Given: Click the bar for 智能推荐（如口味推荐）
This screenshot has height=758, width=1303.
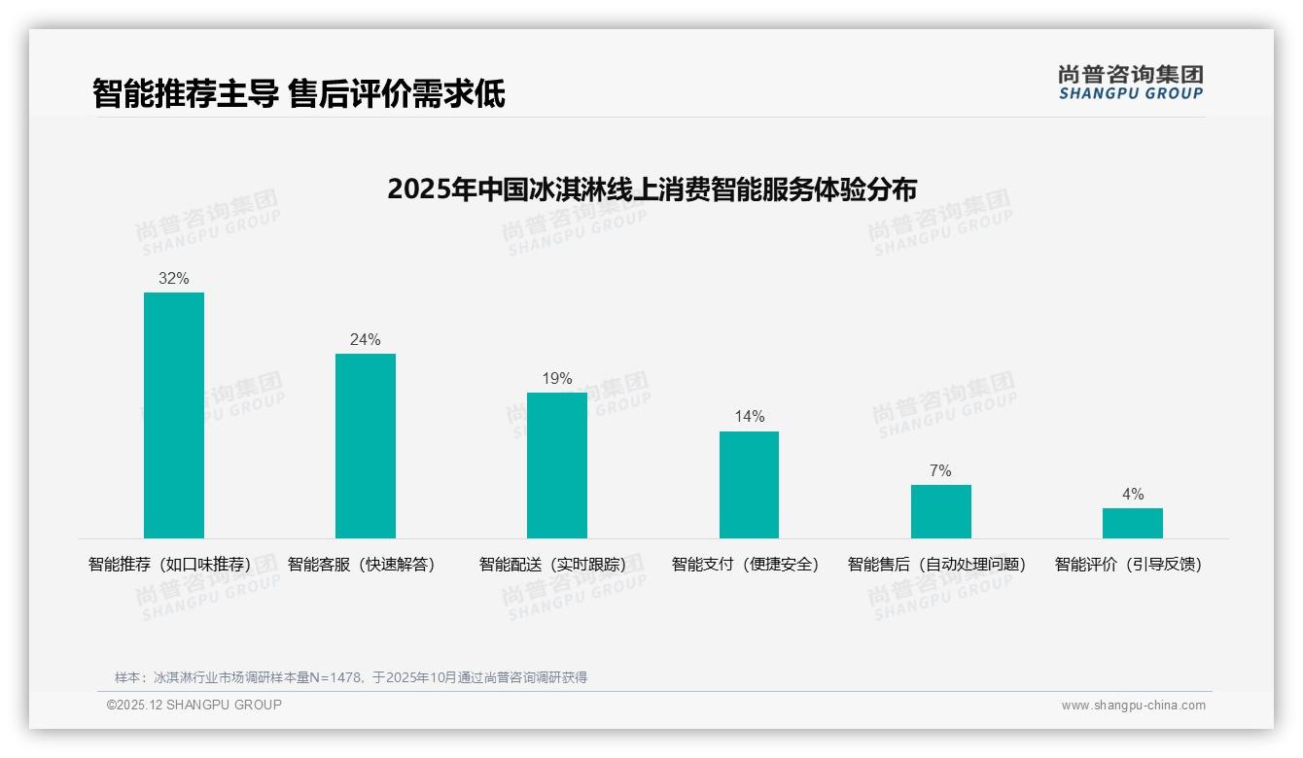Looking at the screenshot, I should tap(174, 415).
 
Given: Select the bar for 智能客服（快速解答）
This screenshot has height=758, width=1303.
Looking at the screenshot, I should tap(366, 446).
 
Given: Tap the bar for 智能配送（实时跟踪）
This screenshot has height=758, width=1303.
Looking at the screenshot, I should tap(557, 465).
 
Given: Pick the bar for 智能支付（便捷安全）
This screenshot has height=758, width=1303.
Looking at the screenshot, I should tap(749, 485).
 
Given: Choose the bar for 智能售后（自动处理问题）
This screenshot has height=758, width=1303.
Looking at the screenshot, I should tap(940, 511).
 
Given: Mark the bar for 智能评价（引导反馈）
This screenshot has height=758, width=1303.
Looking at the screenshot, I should tap(1132, 523).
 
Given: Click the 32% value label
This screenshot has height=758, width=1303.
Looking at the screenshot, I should tap(174, 278).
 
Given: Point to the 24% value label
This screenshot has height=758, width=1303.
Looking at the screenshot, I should tap(366, 339).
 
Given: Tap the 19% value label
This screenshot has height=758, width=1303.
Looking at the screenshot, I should tap(557, 378).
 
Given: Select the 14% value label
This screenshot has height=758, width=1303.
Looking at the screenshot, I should tap(749, 416).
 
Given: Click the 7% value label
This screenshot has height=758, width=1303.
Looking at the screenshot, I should tap(940, 470).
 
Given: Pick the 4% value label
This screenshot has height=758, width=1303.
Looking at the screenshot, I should tap(1132, 494).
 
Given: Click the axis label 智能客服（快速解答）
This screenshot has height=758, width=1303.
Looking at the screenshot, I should tap(362, 564).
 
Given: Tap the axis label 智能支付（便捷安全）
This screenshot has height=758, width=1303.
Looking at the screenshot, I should tap(746, 564).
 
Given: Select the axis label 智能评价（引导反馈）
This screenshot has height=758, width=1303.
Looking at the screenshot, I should tap(1129, 564).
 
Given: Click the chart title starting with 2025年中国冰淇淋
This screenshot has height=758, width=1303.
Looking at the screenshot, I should tap(651, 189).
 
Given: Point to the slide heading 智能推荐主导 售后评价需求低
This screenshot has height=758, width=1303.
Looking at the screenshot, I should tap(299, 94).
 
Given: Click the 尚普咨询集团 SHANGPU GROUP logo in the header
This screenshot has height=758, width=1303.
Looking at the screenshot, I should tap(1130, 82).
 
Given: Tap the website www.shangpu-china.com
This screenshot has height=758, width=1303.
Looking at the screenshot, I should tap(1133, 706).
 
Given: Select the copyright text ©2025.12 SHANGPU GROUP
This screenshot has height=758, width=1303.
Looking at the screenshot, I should tap(194, 705).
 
